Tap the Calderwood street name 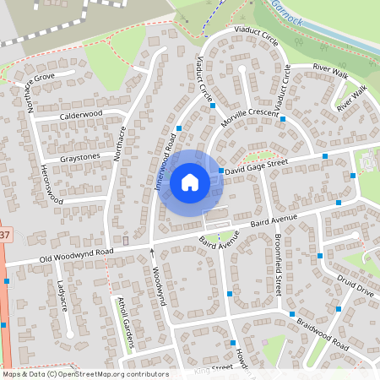tap(82, 114)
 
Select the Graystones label tap(81, 157)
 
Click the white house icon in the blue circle tap(190, 182)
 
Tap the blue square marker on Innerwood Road tap(179, 128)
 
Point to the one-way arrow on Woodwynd tap(153, 252)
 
